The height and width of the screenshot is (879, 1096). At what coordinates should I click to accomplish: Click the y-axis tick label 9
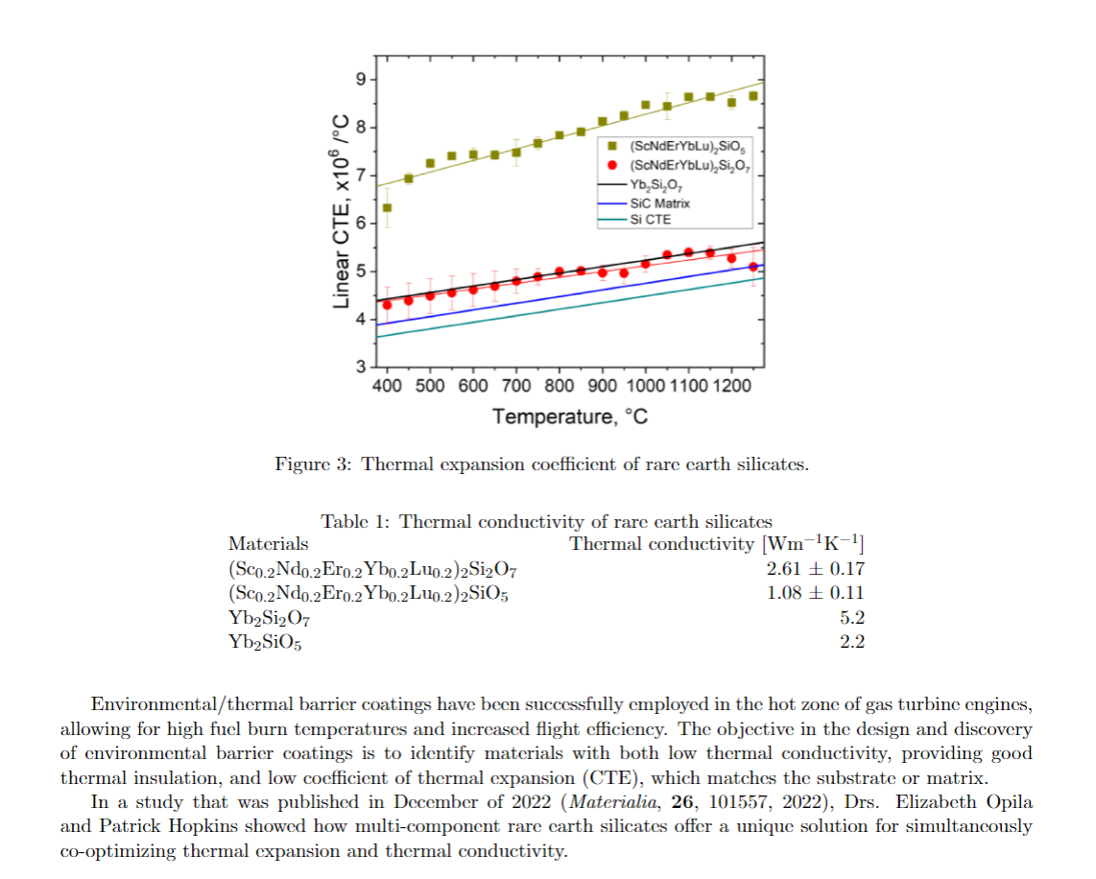click(360, 79)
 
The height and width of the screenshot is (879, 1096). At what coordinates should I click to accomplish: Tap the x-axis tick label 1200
click(732, 386)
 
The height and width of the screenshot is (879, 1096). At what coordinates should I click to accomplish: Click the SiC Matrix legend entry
click(659, 203)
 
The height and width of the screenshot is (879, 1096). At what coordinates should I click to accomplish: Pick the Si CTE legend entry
click(651, 220)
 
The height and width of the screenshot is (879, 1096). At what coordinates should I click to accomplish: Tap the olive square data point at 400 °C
click(388, 207)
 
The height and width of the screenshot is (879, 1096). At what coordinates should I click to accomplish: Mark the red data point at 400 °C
click(388, 305)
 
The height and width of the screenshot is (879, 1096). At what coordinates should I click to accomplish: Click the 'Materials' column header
click(269, 544)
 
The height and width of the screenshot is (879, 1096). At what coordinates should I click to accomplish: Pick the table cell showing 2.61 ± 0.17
click(816, 569)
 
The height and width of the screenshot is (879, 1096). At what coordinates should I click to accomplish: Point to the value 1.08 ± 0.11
click(816, 593)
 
